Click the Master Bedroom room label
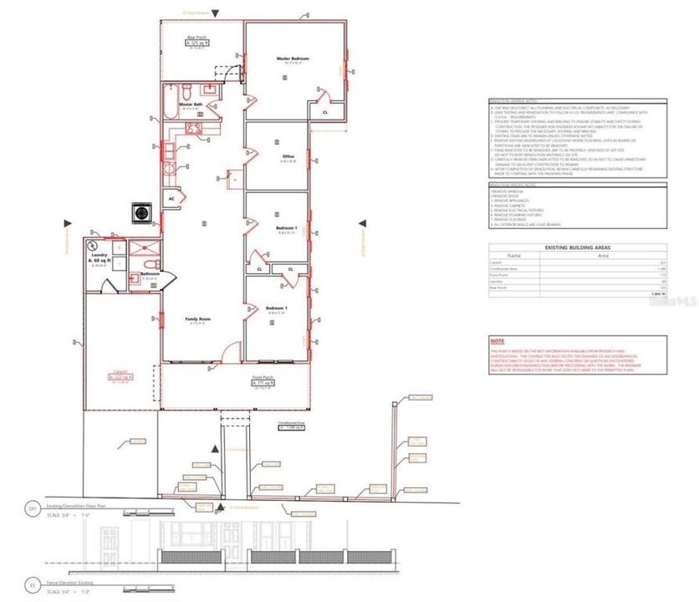point(293,59)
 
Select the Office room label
point(288,155)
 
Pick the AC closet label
point(171,199)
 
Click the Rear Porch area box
point(196,42)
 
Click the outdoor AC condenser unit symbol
point(140,214)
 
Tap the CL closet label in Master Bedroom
point(324,110)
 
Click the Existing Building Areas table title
point(578,248)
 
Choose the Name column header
point(514,256)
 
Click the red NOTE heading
point(497,341)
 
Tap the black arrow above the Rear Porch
point(216,13)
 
